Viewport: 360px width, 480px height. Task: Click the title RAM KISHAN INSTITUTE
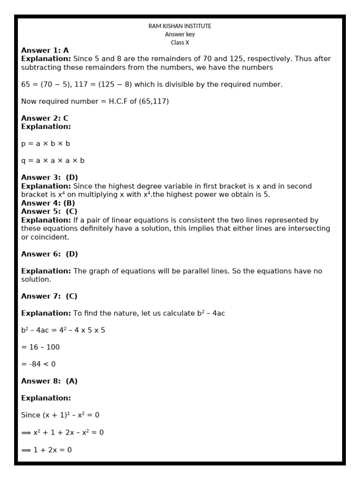(180, 26)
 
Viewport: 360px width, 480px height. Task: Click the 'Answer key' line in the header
(180, 34)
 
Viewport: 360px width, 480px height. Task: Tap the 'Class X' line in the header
(180, 43)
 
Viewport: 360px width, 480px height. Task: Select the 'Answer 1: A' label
(45, 51)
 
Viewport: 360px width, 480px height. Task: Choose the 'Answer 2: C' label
(45, 118)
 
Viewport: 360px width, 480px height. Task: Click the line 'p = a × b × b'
(45, 143)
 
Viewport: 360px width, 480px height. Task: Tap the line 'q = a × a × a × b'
(53, 160)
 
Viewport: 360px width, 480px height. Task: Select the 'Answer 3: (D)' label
(50, 178)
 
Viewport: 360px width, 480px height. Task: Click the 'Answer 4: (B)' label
(48, 203)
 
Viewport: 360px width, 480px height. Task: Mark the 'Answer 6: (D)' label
(50, 254)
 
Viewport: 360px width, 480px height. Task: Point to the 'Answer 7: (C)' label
(50, 296)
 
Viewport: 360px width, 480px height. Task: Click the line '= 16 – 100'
(40, 347)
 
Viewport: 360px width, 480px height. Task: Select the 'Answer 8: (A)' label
(50, 381)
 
